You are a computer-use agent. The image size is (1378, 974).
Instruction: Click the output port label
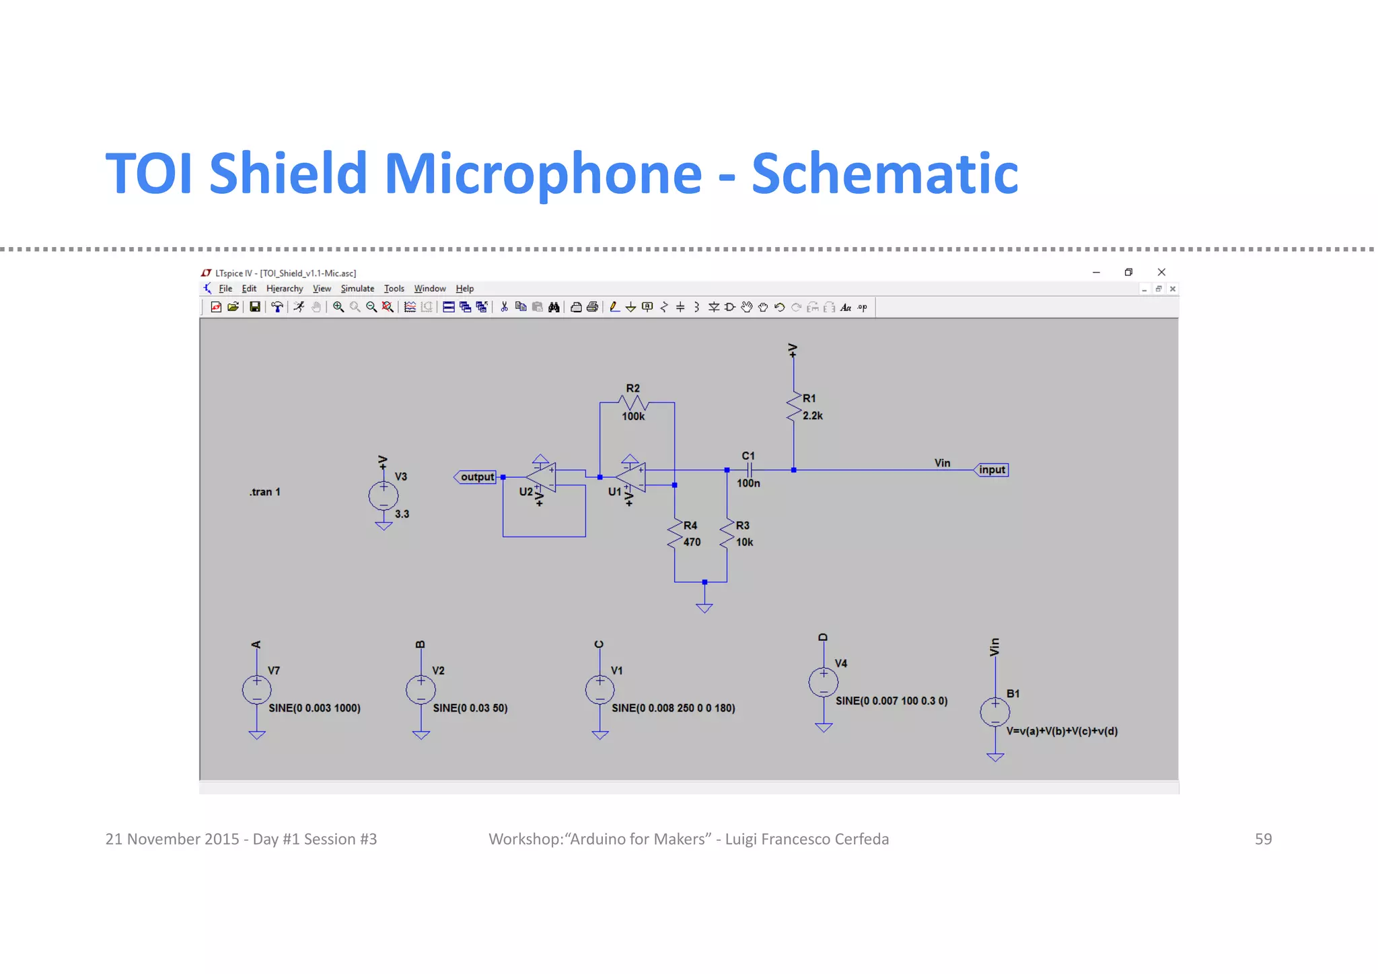[x=476, y=477]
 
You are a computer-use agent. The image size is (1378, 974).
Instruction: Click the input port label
[x=991, y=470]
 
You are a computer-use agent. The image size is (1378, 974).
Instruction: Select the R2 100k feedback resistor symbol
[x=634, y=403]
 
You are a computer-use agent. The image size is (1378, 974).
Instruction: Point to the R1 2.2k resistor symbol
[x=794, y=407]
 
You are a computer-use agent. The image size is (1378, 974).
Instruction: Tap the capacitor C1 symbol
[x=749, y=470]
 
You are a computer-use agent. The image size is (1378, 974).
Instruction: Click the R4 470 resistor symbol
[x=675, y=534]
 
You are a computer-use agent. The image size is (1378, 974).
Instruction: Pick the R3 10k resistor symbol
[x=727, y=534]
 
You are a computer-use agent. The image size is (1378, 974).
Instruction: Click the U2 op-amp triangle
[x=542, y=477]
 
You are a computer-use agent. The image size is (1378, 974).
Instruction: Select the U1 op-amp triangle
[x=632, y=477]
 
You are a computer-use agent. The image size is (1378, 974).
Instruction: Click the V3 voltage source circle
[x=384, y=496]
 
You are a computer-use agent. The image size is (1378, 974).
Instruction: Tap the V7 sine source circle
[x=256, y=690]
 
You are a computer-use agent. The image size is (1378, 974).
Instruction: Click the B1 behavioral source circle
[x=995, y=712]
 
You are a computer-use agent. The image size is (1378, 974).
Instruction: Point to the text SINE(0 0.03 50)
[x=470, y=708]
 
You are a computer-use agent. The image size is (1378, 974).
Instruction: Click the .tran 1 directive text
[x=265, y=492]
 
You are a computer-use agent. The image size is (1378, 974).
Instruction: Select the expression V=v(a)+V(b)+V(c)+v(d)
[x=1062, y=731]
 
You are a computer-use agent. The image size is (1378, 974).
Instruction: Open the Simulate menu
[x=357, y=289]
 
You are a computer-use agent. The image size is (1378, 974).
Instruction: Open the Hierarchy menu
[x=285, y=289]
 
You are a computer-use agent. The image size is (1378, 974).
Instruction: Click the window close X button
[x=1161, y=272]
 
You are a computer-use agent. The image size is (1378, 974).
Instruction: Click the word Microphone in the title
[x=542, y=174]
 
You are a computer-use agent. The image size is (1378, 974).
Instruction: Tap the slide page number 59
[x=1263, y=839]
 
